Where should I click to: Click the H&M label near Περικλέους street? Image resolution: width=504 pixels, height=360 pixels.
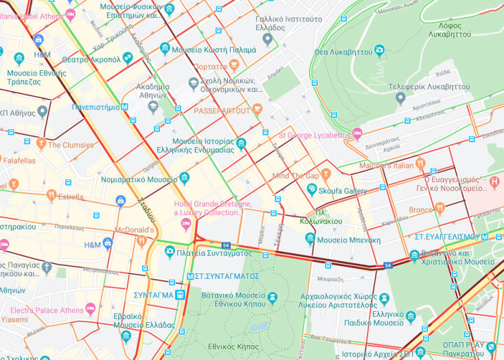click(x=92, y=245)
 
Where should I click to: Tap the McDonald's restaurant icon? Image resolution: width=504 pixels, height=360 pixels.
click(x=141, y=240)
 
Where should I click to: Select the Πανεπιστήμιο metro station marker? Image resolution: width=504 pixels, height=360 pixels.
click(x=124, y=107)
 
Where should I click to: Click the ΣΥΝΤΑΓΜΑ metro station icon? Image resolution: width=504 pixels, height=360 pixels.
click(x=180, y=295)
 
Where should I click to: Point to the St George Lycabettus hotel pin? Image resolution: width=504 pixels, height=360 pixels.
click(x=356, y=133)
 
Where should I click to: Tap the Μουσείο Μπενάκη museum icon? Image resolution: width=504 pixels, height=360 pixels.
click(x=310, y=238)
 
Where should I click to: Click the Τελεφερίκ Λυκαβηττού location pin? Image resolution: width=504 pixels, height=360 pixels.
click(x=400, y=98)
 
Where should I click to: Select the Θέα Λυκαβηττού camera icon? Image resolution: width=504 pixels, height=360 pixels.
click(x=379, y=51)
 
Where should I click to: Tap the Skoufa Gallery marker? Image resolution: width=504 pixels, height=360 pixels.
click(x=312, y=189)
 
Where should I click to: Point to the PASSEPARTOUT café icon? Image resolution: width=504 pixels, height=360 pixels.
click(x=257, y=109)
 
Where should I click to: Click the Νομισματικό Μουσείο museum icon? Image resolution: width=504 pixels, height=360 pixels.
click(x=184, y=179)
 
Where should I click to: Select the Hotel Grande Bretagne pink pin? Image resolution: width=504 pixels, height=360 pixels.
click(x=185, y=223)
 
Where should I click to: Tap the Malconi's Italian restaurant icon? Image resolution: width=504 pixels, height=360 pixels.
click(x=420, y=164)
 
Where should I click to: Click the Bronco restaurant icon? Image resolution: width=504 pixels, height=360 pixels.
click(x=439, y=207)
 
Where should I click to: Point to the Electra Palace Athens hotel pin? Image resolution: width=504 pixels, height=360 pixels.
click(x=90, y=308)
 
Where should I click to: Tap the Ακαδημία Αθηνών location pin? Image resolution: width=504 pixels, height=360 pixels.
click(x=152, y=105)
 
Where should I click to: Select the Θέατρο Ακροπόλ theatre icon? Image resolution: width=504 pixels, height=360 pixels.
click(x=127, y=58)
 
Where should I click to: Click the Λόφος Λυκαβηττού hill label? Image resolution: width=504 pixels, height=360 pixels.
click(x=449, y=29)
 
